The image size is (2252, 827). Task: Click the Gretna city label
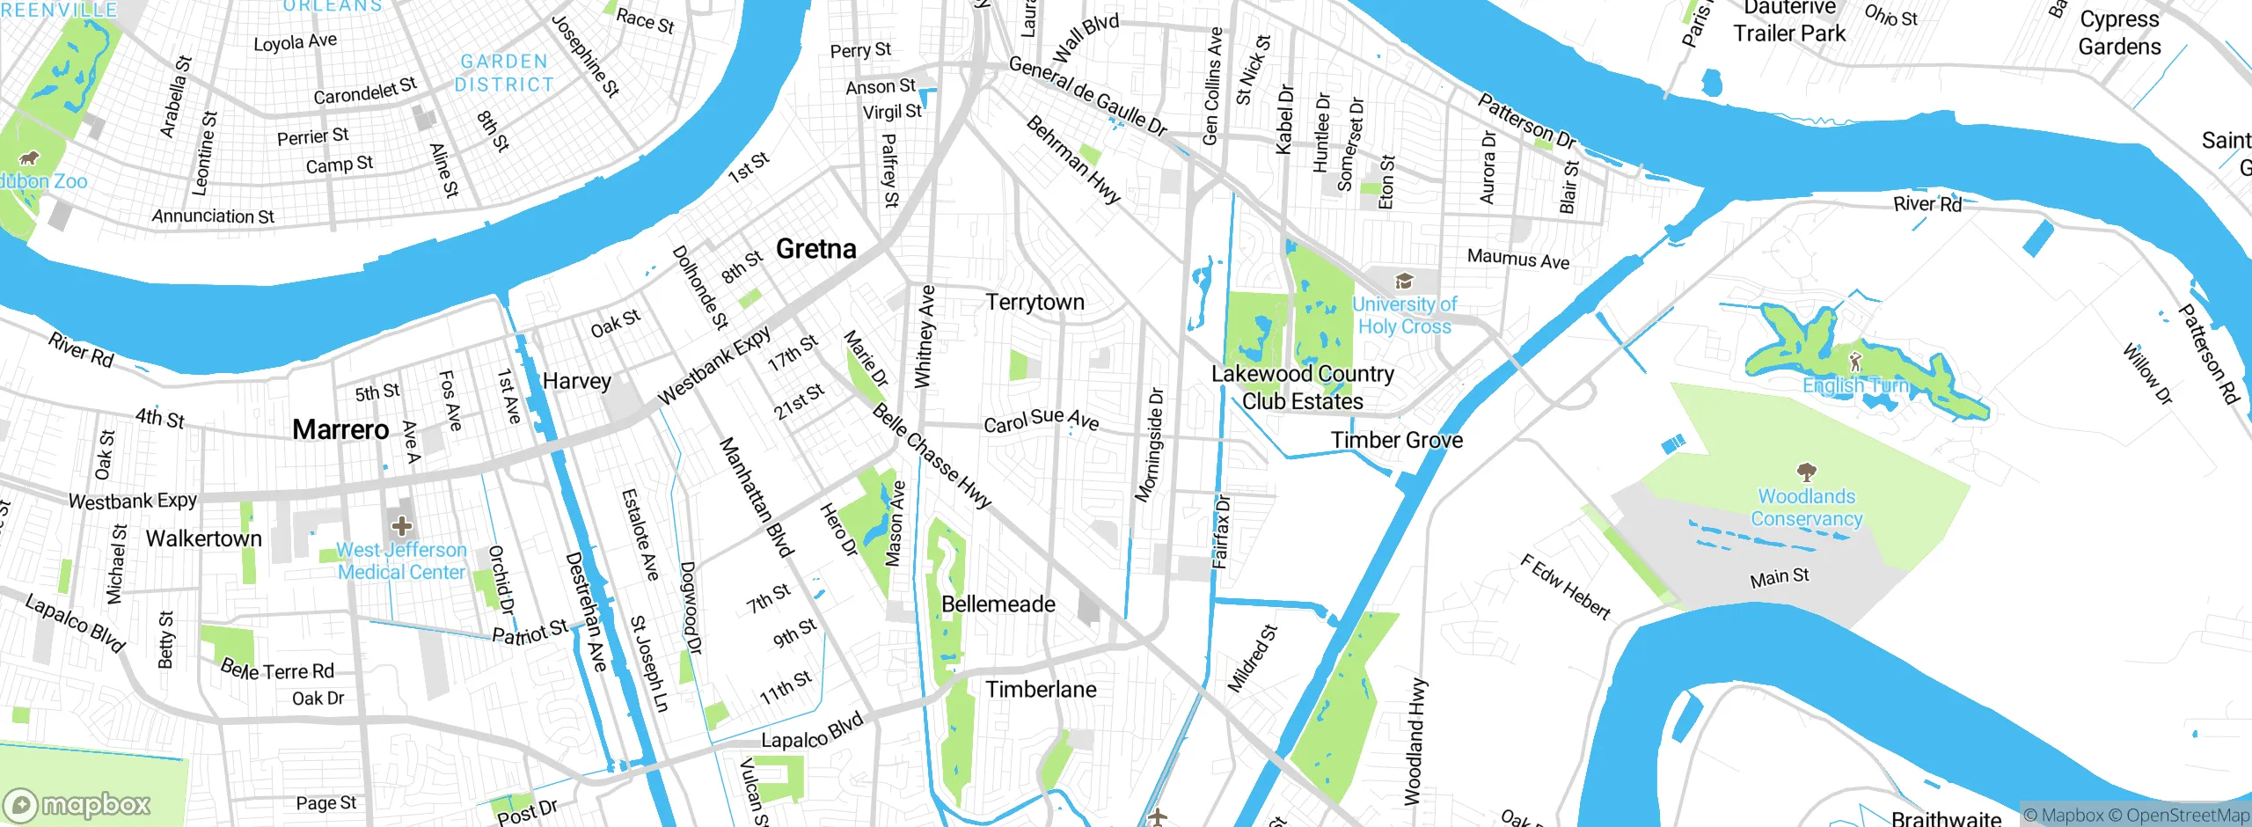[815, 249]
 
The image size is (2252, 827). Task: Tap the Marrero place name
[340, 429]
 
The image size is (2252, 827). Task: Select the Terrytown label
[1035, 302]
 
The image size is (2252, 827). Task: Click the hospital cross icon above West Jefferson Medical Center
[402, 526]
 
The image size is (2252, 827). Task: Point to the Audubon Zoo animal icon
[29, 158]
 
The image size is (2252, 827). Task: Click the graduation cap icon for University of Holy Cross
[1404, 282]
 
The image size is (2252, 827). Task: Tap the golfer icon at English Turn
[1855, 362]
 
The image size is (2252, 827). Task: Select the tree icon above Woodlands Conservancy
[1806, 472]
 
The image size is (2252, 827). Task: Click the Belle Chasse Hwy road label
[932, 456]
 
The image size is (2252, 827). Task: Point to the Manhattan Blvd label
[756, 497]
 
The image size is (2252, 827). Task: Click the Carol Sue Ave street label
[1041, 421]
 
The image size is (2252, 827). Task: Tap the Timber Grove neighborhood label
[1396, 440]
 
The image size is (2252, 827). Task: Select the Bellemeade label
[998, 604]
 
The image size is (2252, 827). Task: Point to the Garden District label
[504, 73]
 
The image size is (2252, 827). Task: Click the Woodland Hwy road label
[1415, 741]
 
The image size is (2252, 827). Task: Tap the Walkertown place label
[203, 538]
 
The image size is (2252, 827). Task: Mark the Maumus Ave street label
[1517, 259]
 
